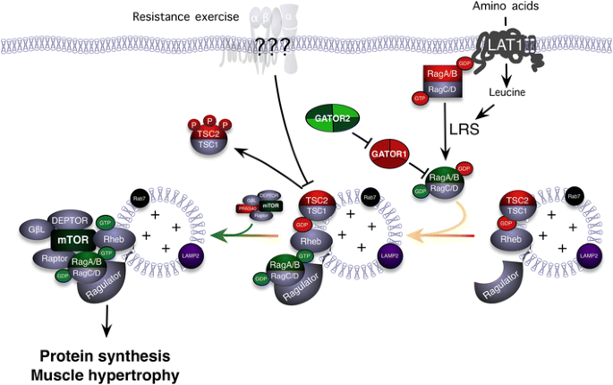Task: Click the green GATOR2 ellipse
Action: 332,116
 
